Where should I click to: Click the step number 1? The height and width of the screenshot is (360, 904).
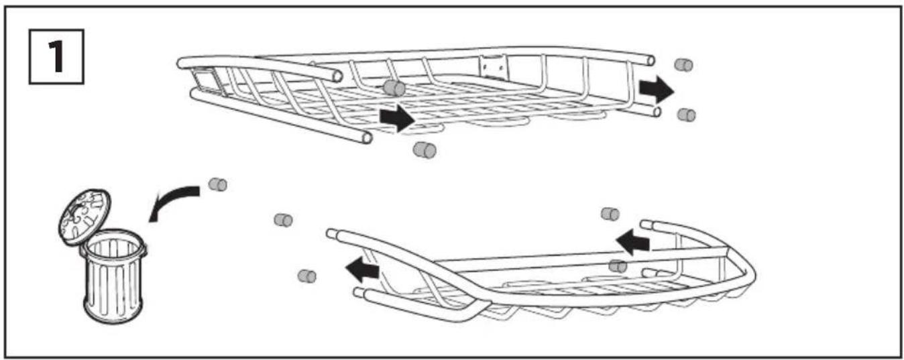pyautogui.click(x=57, y=56)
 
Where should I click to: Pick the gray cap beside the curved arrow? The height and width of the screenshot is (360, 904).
pyautogui.click(x=218, y=184)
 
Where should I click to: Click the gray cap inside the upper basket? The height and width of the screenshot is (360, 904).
pyautogui.click(x=394, y=88)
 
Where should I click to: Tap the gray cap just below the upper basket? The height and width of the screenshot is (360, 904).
pyautogui.click(x=425, y=149)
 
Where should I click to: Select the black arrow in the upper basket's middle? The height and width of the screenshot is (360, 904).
pyautogui.click(x=397, y=118)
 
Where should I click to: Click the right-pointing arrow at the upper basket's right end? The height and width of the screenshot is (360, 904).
pyautogui.click(x=657, y=89)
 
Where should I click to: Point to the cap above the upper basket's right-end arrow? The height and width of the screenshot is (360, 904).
pyautogui.click(x=683, y=64)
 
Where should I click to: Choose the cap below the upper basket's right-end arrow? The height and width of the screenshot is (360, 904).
pyautogui.click(x=686, y=115)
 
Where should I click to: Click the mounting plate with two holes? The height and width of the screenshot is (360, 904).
pyautogui.click(x=493, y=66)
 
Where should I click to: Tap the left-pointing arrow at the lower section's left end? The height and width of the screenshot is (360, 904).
pyautogui.click(x=362, y=270)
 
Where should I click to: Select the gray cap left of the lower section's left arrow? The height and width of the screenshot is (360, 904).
pyautogui.click(x=307, y=276)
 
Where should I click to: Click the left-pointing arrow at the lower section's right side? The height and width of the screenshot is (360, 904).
pyautogui.click(x=632, y=242)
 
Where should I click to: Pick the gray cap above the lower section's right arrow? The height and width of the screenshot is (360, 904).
pyautogui.click(x=610, y=213)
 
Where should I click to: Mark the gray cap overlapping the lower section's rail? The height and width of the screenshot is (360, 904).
pyautogui.click(x=618, y=266)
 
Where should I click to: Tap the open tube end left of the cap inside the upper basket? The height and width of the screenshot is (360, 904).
pyautogui.click(x=337, y=76)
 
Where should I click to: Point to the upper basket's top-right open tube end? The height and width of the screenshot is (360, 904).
pyautogui.click(x=651, y=60)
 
